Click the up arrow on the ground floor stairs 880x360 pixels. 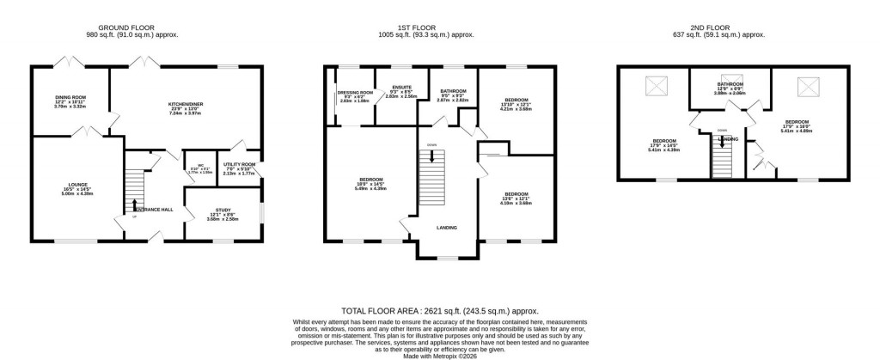pyautogui.click(x=135, y=204)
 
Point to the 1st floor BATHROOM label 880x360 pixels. pyautogui.click(x=453, y=91)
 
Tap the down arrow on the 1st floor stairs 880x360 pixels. pyautogui.click(x=431, y=157)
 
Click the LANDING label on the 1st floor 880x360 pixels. pyautogui.click(x=446, y=228)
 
